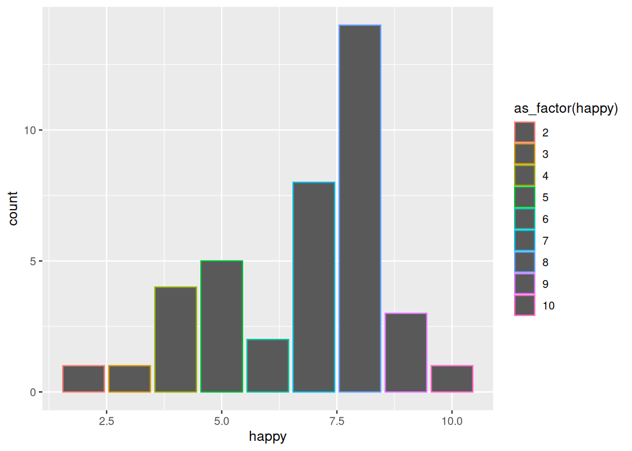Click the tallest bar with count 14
[x=359, y=209]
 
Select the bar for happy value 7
[x=314, y=287]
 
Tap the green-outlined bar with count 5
[x=222, y=326]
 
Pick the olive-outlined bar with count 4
[x=175, y=339]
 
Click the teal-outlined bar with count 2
[x=267, y=366]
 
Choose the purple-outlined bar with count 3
[x=406, y=352]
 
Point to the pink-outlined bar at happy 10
[x=452, y=379]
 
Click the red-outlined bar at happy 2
[x=84, y=379]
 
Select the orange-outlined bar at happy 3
[x=130, y=379]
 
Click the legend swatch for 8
[x=525, y=262]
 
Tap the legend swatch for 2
[x=525, y=132]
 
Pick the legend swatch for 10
[x=525, y=306]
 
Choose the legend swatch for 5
[x=525, y=197]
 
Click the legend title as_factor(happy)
[x=566, y=109]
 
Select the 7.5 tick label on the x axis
[x=337, y=421]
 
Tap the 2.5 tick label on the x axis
[x=107, y=421]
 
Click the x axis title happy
[x=267, y=437]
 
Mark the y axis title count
[x=13, y=209]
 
